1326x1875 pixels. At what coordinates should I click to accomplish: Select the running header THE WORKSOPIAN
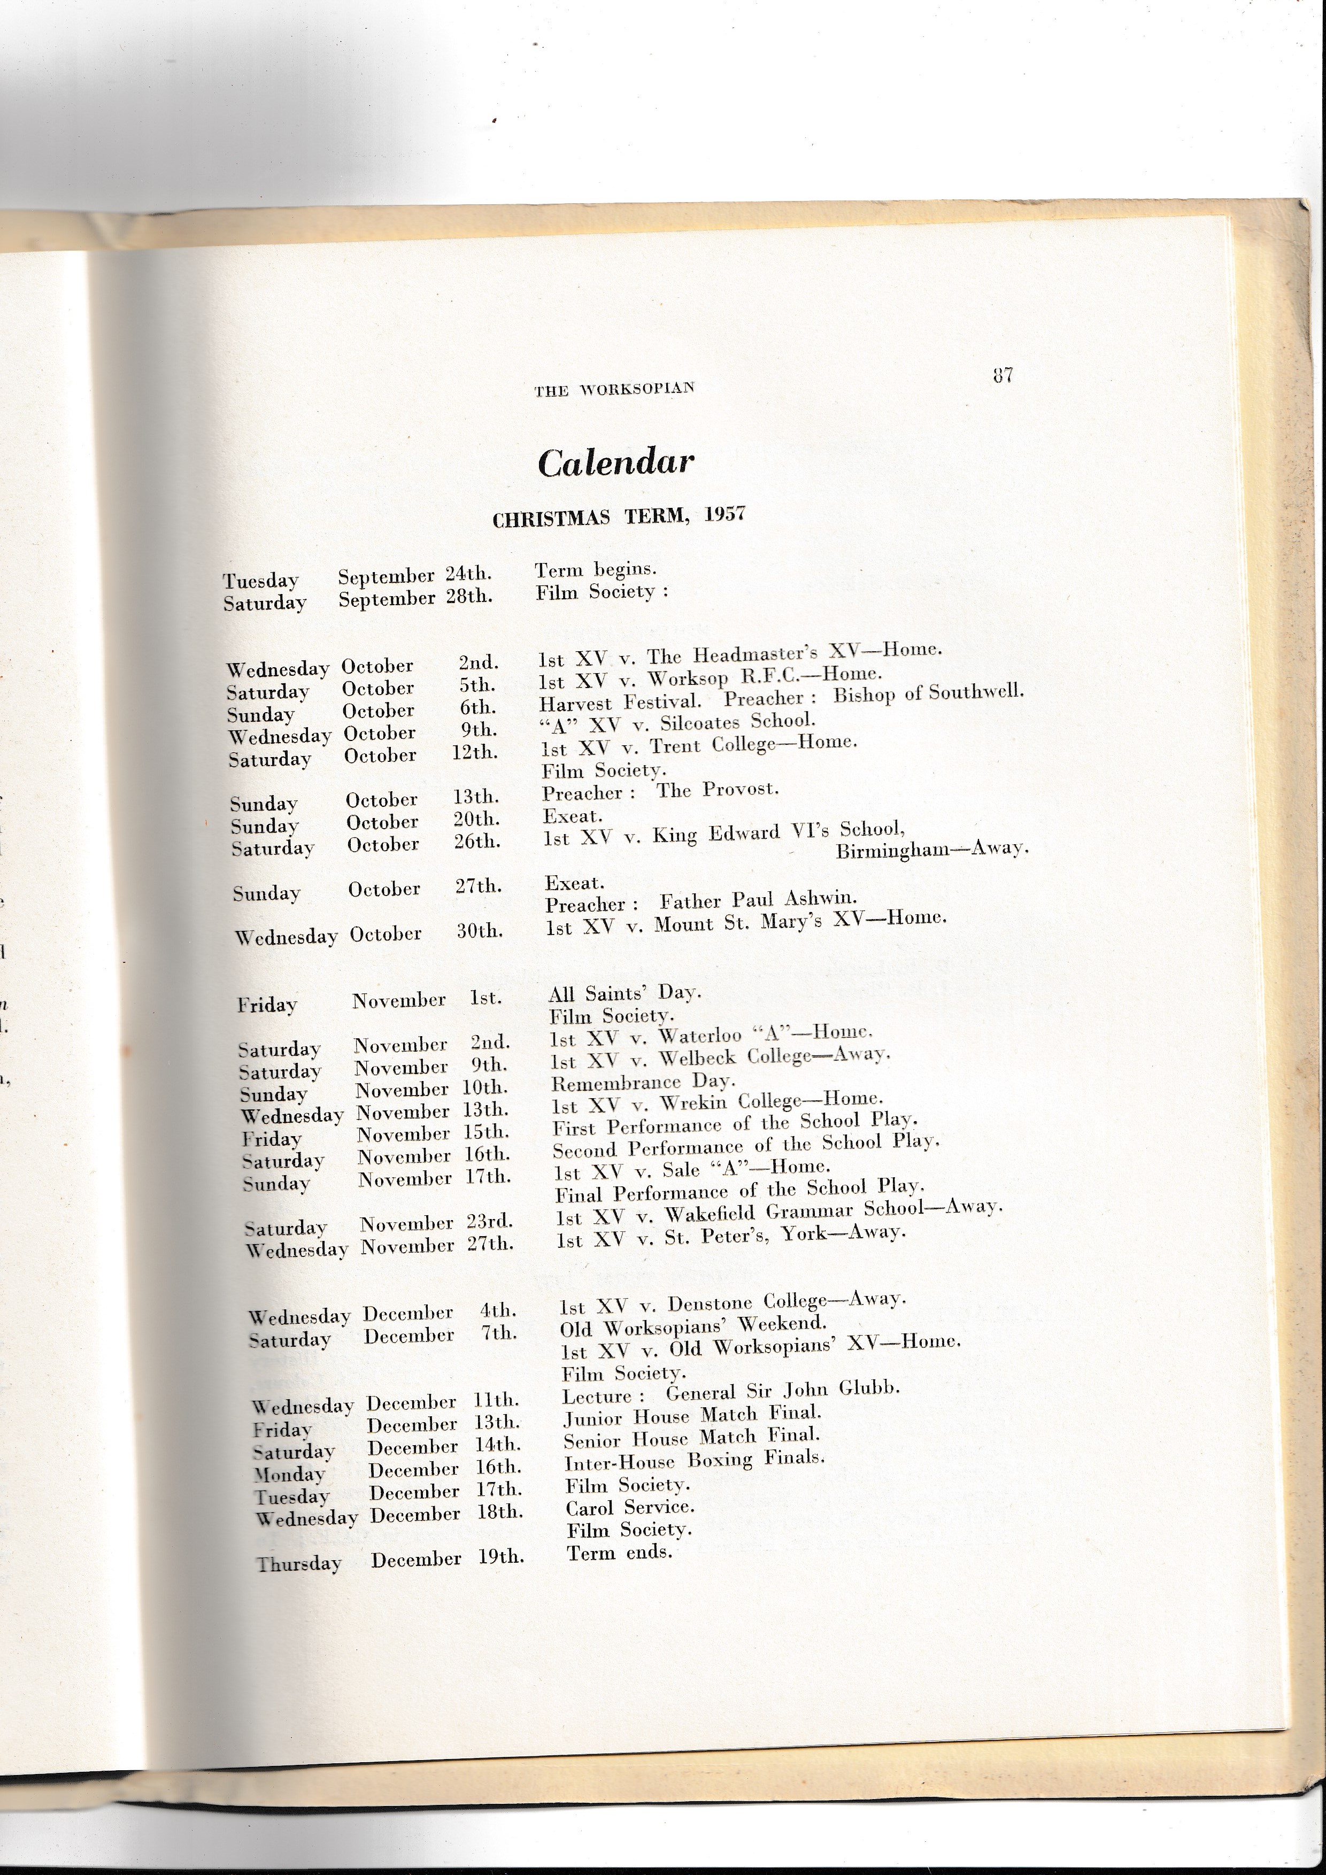pos(614,390)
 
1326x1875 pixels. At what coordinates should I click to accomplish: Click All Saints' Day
pos(625,993)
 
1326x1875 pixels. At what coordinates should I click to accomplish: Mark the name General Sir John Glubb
pos(782,1391)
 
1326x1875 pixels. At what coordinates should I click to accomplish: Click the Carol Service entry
pos(629,1507)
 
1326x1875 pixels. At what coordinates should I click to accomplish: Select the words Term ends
pos(619,1553)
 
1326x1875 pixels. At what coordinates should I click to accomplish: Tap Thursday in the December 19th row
pos(299,1564)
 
